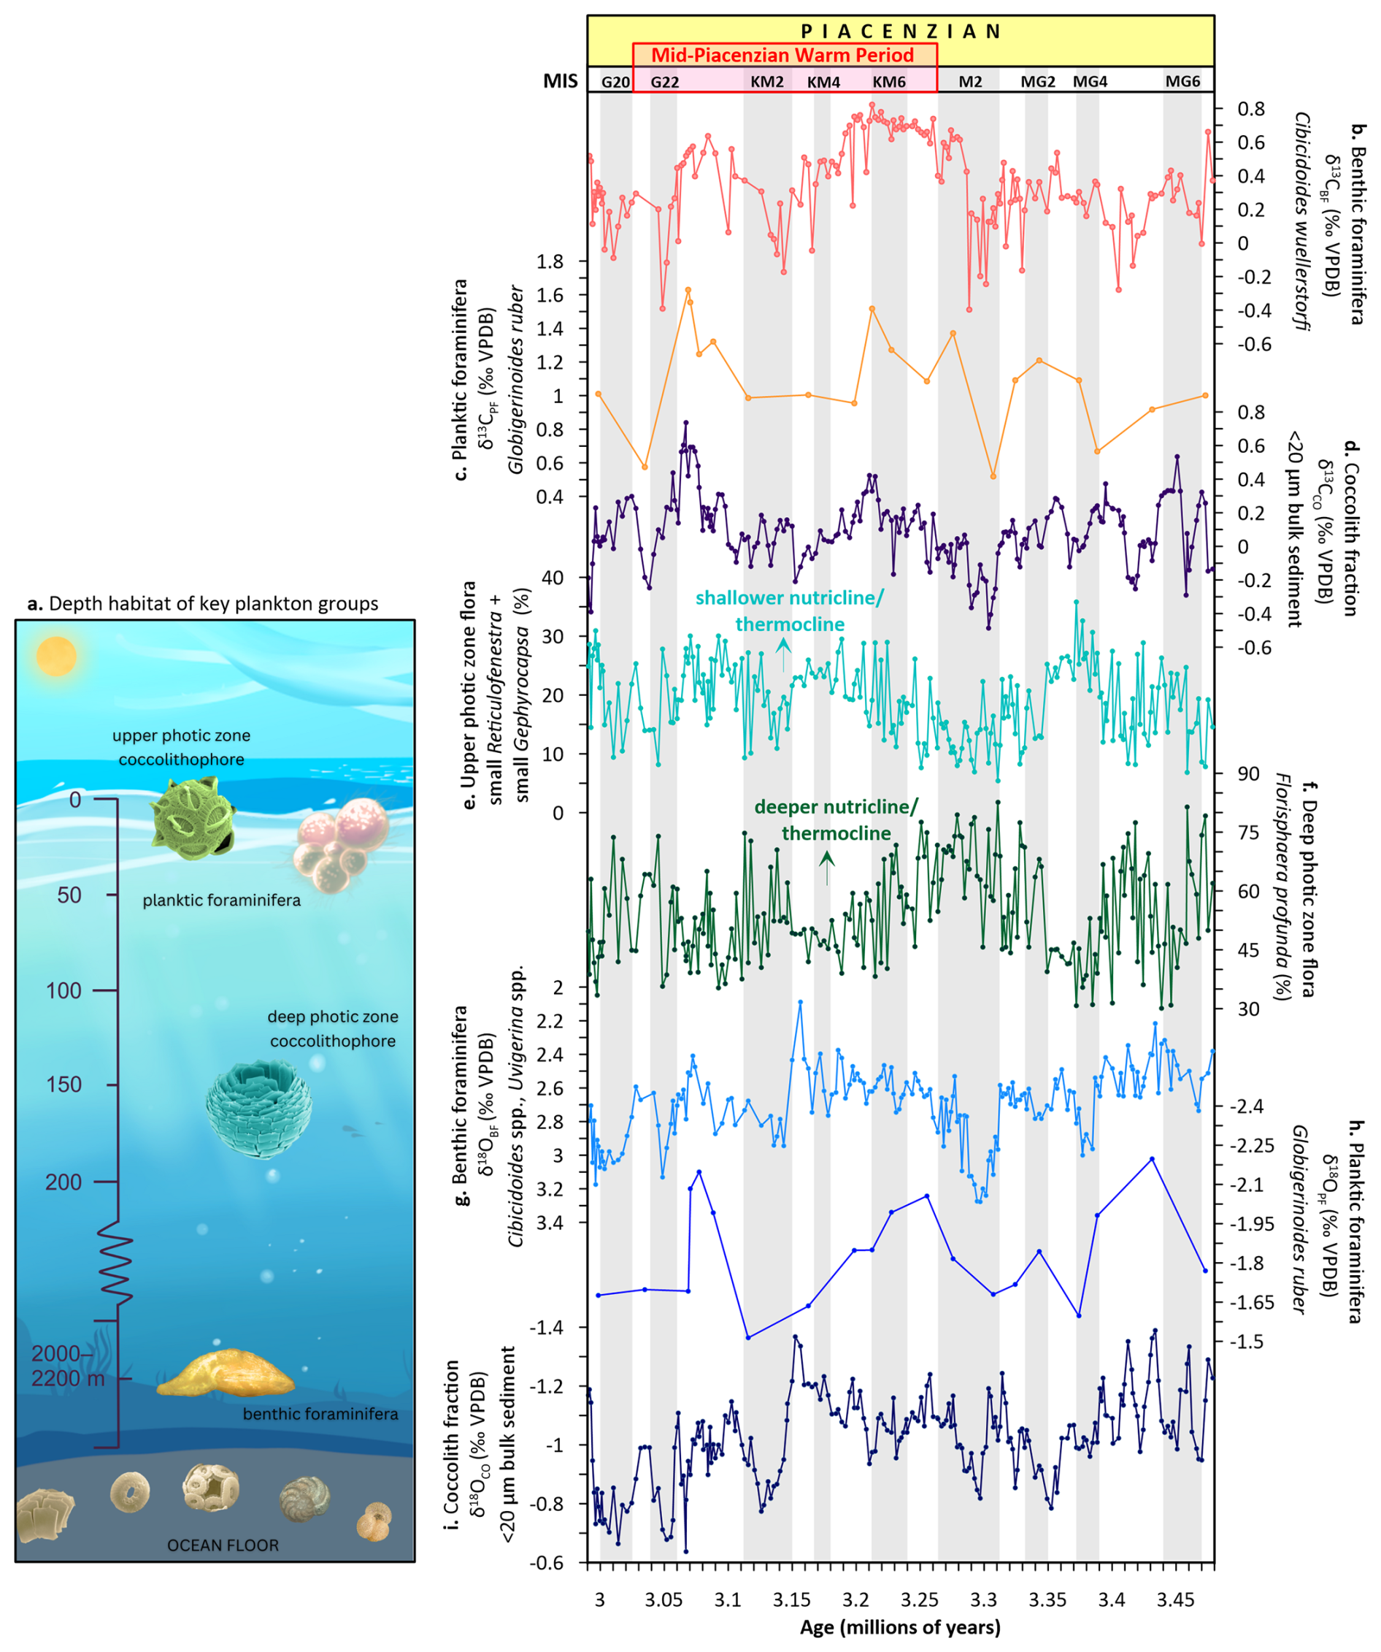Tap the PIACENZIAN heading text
pos(901,31)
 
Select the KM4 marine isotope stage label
pos(823,82)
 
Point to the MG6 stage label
pos(1182,82)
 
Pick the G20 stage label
pos(615,82)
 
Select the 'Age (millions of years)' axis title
pos(900,1628)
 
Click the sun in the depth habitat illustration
pos(55,656)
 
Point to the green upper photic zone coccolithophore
pos(193,818)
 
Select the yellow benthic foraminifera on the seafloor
pos(226,1374)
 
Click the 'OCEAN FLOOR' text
pos(223,1546)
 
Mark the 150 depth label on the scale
pos(69,1085)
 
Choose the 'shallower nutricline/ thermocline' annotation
pos(790,611)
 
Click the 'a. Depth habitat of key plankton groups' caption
pos(202,603)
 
